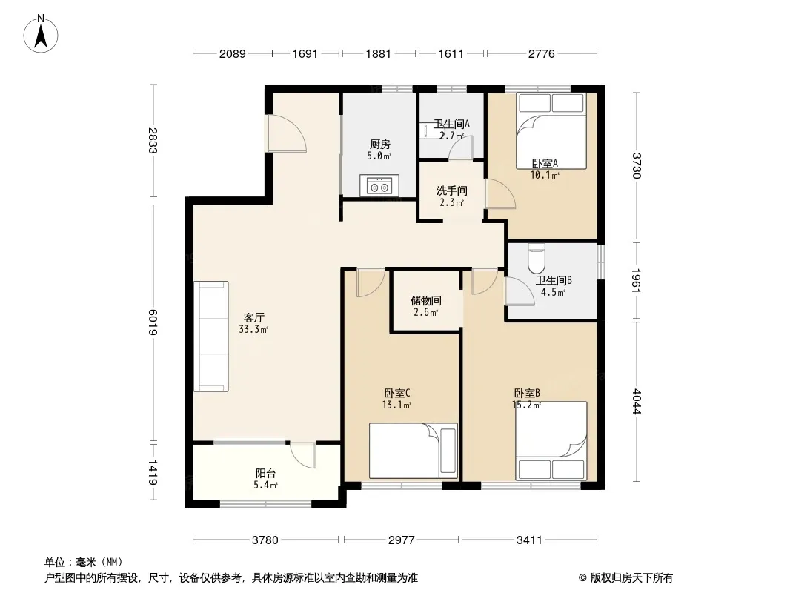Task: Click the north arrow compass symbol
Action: point(41,33)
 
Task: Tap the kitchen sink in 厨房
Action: point(379,185)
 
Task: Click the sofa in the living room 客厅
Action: point(211,336)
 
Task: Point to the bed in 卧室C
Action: point(413,451)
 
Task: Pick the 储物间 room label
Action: point(425,301)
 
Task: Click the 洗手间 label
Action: point(451,191)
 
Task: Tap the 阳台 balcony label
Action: point(265,474)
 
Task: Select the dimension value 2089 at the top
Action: point(232,53)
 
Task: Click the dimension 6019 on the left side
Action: point(153,322)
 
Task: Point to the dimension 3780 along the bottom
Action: point(265,540)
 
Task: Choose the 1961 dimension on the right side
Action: point(636,281)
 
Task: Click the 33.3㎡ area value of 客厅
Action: point(253,330)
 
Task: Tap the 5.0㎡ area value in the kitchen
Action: point(379,156)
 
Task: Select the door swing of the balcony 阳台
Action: point(303,455)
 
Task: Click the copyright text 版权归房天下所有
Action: point(631,578)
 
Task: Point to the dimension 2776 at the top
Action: point(541,53)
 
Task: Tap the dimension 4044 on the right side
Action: point(636,401)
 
